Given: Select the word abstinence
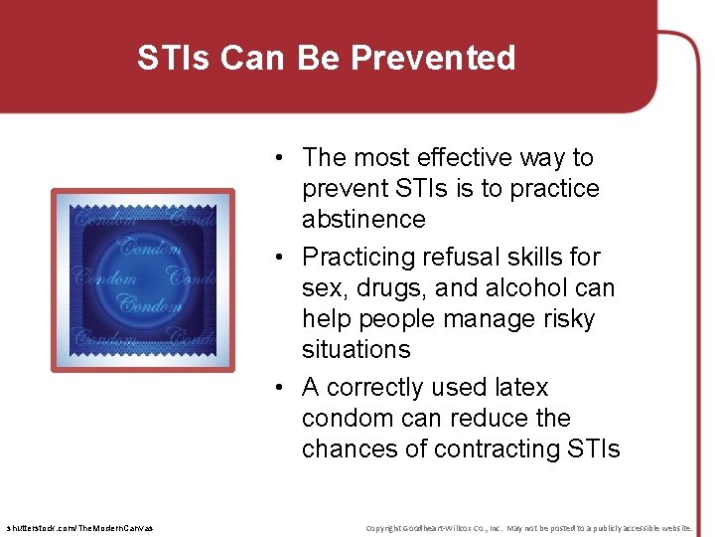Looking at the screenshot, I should tap(363, 219).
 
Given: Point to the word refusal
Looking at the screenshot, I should tap(460, 257).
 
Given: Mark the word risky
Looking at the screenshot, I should tap(559, 318).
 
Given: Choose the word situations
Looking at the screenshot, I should tap(356, 349).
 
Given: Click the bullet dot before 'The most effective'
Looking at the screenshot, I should tap(284, 158).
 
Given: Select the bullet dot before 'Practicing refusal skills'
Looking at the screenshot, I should tap(284, 258).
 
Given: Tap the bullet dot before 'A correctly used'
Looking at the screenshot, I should tap(284, 388).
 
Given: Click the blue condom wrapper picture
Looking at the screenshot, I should tap(143, 279).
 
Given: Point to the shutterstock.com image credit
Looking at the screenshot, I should tap(78, 527).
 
